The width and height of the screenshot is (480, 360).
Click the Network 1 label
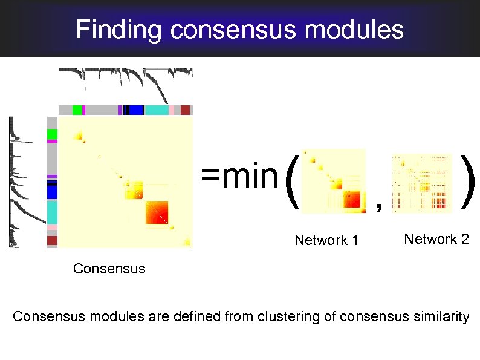point(326,241)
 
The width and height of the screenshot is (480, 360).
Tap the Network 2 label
point(436,239)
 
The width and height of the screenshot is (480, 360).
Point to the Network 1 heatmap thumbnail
point(334,181)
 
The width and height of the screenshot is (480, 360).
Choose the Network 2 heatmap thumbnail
point(421,183)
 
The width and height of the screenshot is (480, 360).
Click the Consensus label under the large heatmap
point(109,268)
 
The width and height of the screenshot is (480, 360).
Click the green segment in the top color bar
point(77,110)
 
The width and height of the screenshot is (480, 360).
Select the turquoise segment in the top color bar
point(157,110)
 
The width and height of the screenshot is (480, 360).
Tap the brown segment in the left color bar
point(53,240)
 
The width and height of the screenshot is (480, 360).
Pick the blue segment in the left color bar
point(53,192)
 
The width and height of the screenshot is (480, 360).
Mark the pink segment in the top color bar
point(172,110)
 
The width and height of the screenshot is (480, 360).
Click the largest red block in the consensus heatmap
point(158,212)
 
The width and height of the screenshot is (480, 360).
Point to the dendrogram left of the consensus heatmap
point(23,182)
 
